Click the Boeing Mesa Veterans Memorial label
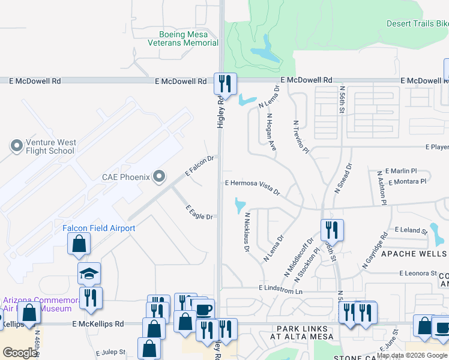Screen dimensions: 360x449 click(x=188, y=38)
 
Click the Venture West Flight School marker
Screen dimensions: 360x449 click(x=16, y=146)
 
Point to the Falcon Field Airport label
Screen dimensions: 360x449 click(x=98, y=228)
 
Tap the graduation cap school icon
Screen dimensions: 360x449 click(x=89, y=274)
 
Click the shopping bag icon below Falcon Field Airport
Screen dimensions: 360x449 click(x=79, y=244)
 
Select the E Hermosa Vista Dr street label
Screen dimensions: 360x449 click(x=253, y=187)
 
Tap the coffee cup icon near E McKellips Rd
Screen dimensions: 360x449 click(x=203, y=310)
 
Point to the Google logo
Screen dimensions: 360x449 click(x=20, y=352)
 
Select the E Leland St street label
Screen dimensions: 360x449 click(x=411, y=230)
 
